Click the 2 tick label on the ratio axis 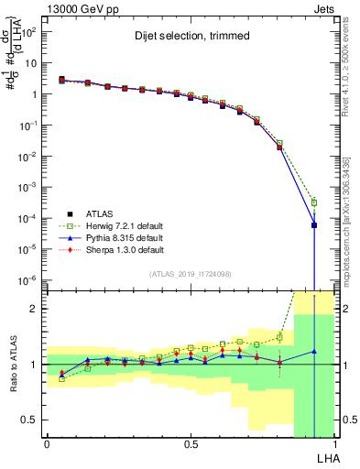pyautogui.click(x=33, y=309)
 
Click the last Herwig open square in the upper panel pyautogui.click(x=313, y=202)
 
